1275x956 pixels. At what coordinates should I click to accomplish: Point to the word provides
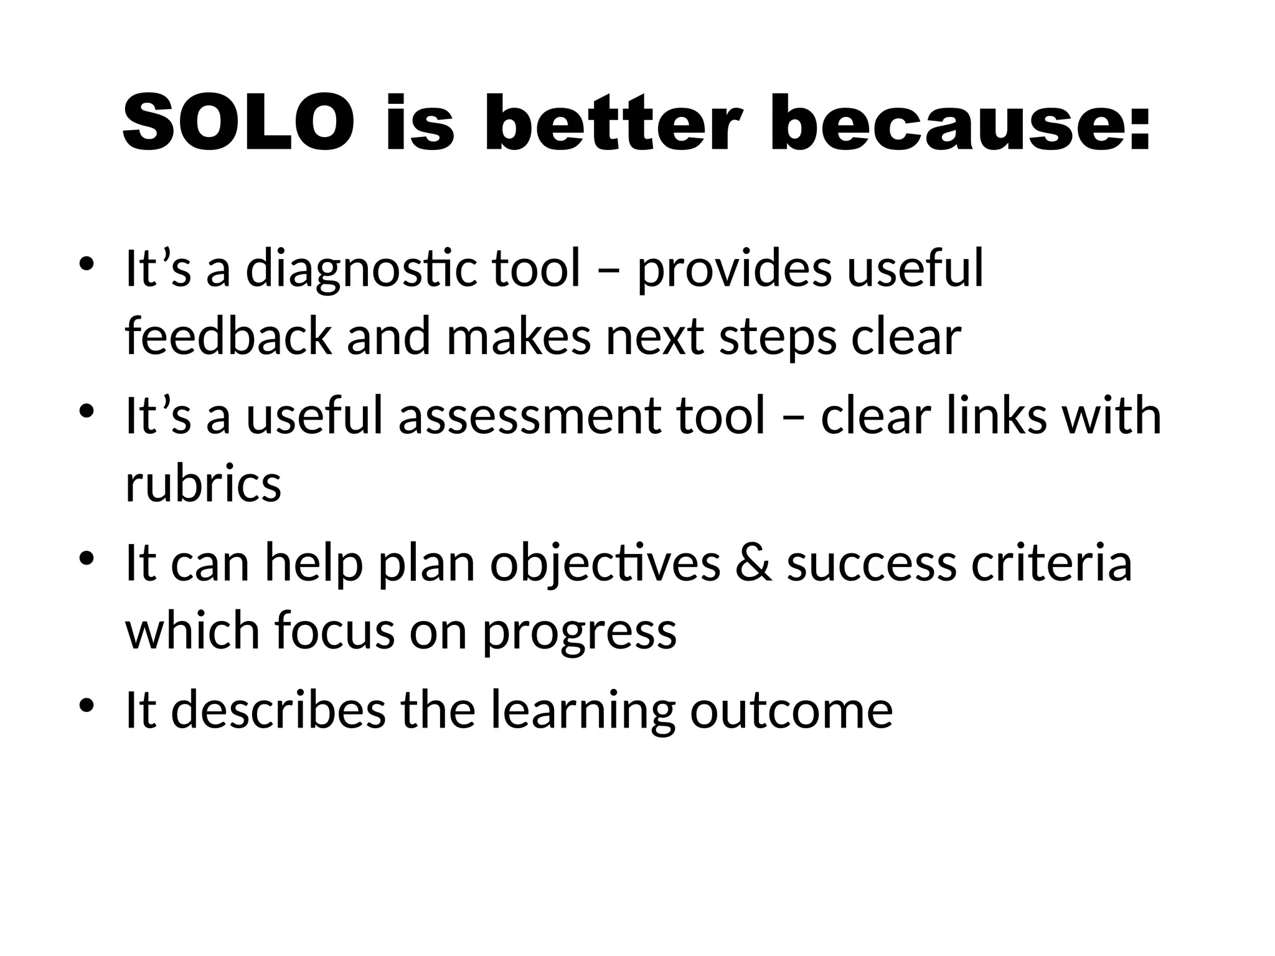tap(735, 269)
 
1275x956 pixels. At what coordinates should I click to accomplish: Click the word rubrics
tap(203, 484)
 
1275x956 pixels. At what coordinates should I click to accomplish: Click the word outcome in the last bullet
tap(791, 710)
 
